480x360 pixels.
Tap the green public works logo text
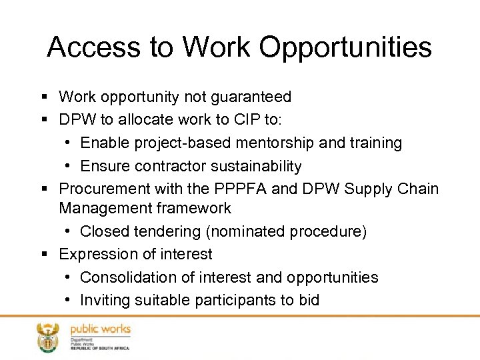click(x=100, y=330)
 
